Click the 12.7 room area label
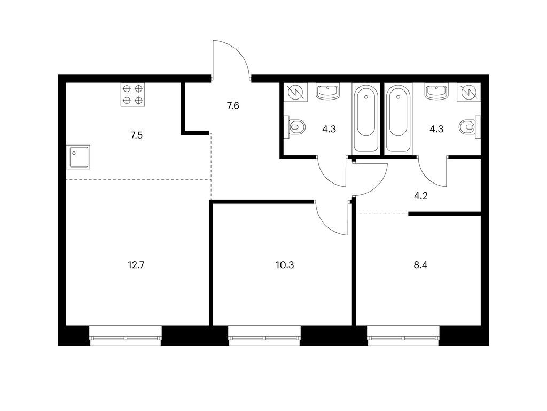pyautogui.click(x=136, y=265)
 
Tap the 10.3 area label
pyautogui.click(x=285, y=265)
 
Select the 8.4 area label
pyautogui.click(x=420, y=265)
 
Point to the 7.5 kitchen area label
pyautogui.click(x=136, y=135)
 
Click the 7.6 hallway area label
pyautogui.click(x=233, y=105)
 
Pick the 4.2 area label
pyautogui.click(x=421, y=196)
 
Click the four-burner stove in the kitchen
pyautogui.click(x=133, y=95)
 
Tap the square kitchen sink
pyautogui.click(x=79, y=157)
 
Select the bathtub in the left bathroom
pyautogui.click(x=366, y=118)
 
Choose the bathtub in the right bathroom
pyautogui.click(x=398, y=118)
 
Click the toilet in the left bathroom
pyautogui.click(x=297, y=127)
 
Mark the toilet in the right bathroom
pyautogui.click(x=468, y=127)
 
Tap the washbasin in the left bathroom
pyautogui.click(x=327, y=91)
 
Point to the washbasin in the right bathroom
pyautogui.click(x=436, y=91)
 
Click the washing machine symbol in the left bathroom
pyautogui.click(x=296, y=92)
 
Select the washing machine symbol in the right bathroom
pyautogui.click(x=468, y=92)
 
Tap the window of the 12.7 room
pyautogui.click(x=126, y=336)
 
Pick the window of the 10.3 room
pyautogui.click(x=264, y=336)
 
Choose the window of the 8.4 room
pyautogui.click(x=403, y=336)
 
